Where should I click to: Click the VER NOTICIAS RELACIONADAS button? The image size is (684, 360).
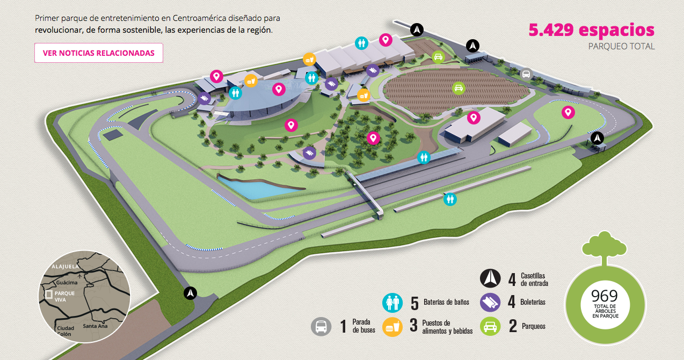[99, 53]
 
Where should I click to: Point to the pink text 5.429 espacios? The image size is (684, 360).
[592, 30]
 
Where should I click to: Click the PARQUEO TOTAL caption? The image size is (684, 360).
[621, 46]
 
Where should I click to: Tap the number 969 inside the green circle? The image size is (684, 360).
[604, 296]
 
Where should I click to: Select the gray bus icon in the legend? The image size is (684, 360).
[321, 326]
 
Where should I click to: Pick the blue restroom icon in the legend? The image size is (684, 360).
[392, 303]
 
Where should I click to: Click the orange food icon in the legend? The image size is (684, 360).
[392, 326]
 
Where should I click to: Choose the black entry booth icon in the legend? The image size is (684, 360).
[490, 278]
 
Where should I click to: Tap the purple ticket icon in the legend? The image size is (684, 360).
[490, 303]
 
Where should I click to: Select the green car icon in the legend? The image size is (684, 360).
[490, 326]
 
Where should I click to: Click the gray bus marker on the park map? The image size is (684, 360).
[527, 74]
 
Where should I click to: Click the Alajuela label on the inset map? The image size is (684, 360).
[65, 266]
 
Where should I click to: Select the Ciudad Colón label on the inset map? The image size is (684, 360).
[66, 330]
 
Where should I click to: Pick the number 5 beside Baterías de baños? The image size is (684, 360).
[414, 303]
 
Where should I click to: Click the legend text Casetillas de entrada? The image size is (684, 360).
[534, 280]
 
